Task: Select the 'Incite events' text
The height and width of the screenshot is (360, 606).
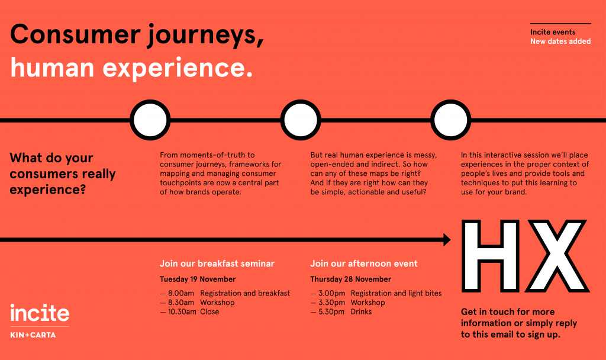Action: tap(553, 32)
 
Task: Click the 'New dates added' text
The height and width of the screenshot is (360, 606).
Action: tap(560, 41)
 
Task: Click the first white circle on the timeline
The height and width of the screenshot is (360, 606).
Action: tap(150, 120)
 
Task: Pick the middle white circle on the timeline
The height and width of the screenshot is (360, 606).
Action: tap(300, 120)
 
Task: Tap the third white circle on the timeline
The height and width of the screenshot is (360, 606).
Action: tap(450, 120)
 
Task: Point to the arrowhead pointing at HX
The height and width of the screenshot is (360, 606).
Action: tap(447, 240)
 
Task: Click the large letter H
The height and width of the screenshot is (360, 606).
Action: tap(491, 256)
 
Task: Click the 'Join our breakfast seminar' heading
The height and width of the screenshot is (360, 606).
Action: tap(217, 263)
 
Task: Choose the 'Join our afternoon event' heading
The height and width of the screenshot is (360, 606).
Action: tap(364, 263)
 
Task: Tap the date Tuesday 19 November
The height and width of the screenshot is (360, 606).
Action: tap(198, 279)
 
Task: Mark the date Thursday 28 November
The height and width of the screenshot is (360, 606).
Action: tap(351, 279)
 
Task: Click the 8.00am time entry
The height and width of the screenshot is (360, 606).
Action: tap(181, 294)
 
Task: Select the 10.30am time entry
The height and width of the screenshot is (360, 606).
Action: tap(182, 312)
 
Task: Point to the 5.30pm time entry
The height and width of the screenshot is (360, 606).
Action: tap(331, 312)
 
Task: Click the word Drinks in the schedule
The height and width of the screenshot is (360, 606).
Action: tap(362, 312)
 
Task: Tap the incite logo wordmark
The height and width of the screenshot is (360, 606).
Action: tap(40, 313)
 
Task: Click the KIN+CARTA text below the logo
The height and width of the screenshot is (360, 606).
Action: tap(33, 335)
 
